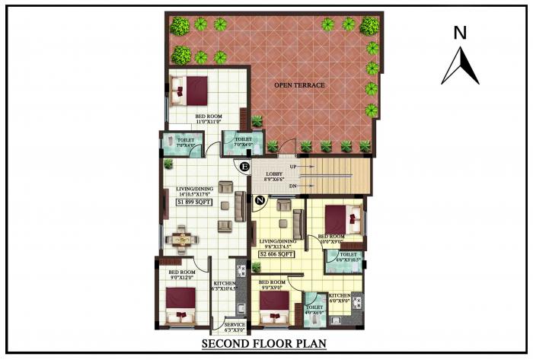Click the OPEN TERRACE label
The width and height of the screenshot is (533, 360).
coord(299,85)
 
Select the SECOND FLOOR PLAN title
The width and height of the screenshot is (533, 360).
coord(264,344)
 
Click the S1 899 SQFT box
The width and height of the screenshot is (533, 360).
coord(194,202)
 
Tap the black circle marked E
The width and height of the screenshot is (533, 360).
coord(244,167)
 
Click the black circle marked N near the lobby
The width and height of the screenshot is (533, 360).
coord(260,201)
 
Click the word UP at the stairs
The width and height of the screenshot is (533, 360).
coord(294,166)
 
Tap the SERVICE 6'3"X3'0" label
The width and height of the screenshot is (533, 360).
coord(235,327)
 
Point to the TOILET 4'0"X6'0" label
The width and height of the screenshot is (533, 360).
coord(314,307)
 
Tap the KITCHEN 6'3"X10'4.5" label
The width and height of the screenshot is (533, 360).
coord(225,287)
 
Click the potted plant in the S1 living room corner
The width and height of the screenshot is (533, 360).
coord(168,163)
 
